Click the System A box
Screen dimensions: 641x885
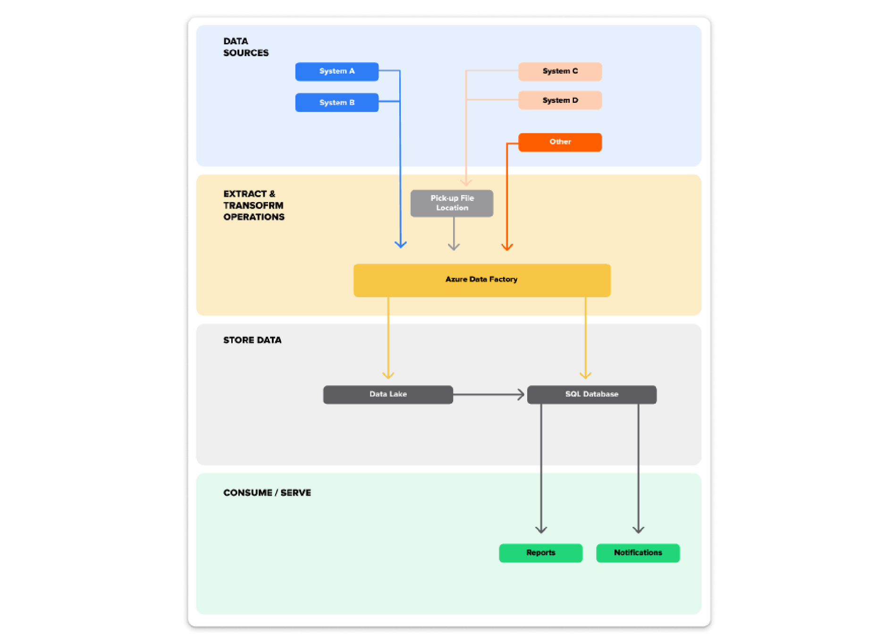[337, 71]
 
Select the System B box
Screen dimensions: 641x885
[337, 102]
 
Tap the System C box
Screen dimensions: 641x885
[560, 71]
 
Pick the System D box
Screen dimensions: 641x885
[560, 100]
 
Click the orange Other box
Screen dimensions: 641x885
[560, 142]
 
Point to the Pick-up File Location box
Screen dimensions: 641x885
[452, 203]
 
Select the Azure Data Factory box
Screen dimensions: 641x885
[481, 280]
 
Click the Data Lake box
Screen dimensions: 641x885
[388, 394]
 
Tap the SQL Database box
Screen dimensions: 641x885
[591, 394]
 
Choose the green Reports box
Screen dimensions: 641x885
[540, 553]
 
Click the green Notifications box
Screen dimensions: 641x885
[638, 553]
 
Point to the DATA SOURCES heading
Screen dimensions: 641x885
[245, 47]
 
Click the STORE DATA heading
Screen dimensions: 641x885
[252, 340]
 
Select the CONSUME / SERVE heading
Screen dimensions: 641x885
[267, 493]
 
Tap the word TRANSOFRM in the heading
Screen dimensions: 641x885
[253, 206]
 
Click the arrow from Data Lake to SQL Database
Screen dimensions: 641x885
[489, 394]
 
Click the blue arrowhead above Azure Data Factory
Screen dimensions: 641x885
[401, 244]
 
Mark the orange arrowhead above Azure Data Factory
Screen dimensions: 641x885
[507, 246]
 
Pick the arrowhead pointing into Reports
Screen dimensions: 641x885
[541, 529]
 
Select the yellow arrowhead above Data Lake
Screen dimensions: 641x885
[388, 375]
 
